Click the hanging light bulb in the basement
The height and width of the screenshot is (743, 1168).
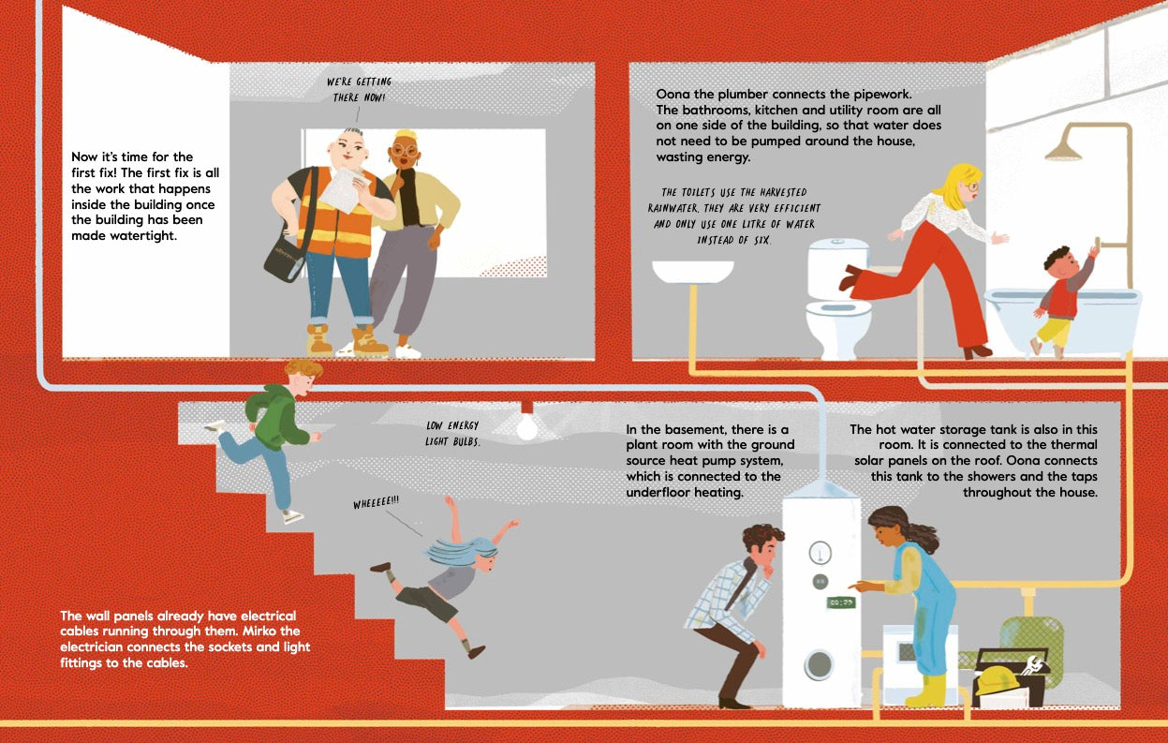click(526, 426)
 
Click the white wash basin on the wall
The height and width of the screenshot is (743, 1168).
click(692, 272)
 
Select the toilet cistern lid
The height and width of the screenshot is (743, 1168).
click(838, 244)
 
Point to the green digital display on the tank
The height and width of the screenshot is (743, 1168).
click(841, 602)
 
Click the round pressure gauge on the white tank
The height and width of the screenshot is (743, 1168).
click(820, 553)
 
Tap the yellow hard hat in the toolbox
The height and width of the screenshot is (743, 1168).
click(998, 680)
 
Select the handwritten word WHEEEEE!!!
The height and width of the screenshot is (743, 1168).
click(376, 502)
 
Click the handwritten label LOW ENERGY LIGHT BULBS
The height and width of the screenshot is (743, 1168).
click(452, 434)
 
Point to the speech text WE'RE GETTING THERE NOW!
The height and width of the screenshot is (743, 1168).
click(359, 89)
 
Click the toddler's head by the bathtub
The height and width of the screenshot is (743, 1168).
click(1059, 262)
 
